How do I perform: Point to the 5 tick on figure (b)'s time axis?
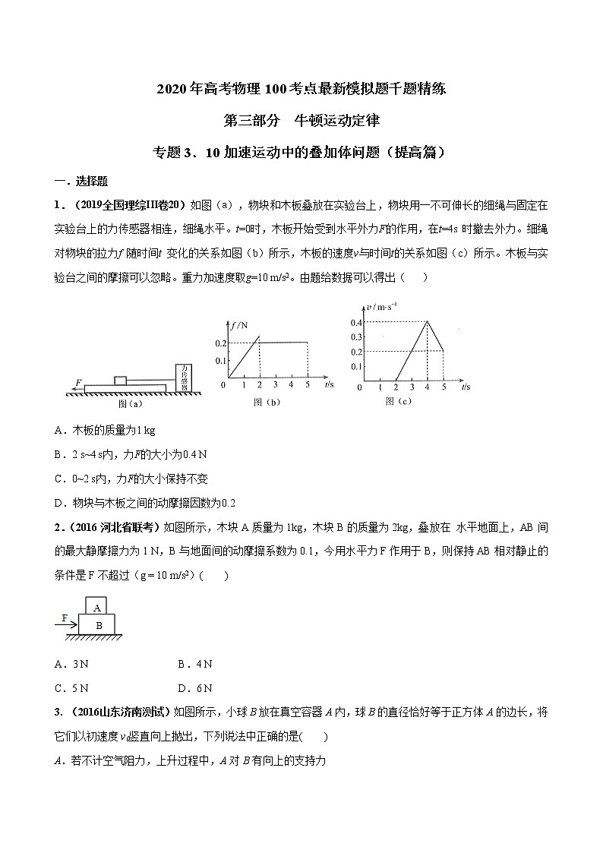point(308,386)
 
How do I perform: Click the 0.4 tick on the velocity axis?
point(355,323)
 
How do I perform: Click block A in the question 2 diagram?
point(96,607)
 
